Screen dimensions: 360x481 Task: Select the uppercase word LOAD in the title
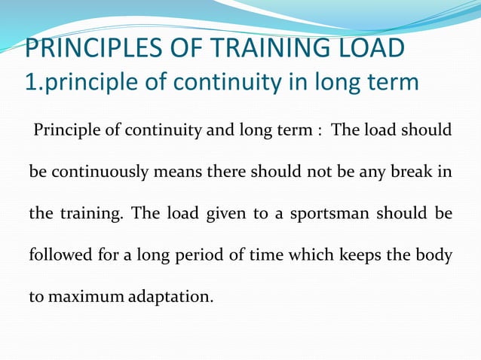click(369, 49)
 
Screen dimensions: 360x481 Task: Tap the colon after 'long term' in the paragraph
click(320, 131)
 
